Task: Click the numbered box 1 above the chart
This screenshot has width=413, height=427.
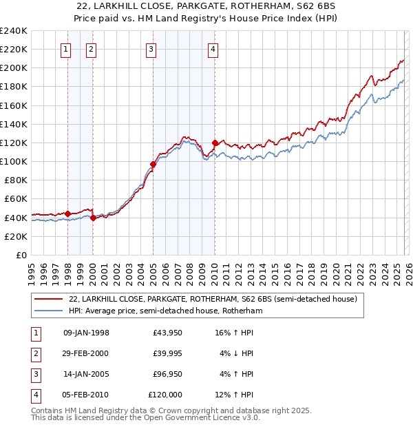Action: [65, 49]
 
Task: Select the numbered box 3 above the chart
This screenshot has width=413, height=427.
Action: [150, 49]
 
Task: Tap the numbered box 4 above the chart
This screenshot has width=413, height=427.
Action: [213, 49]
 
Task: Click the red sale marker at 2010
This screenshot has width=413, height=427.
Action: [215, 143]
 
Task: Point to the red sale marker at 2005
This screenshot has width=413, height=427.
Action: [153, 164]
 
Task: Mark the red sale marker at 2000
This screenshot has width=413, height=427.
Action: [93, 218]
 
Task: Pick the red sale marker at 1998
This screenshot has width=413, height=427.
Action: [67, 213]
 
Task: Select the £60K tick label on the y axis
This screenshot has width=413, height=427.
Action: [15, 198]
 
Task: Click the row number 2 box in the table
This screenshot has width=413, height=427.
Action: [34, 353]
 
